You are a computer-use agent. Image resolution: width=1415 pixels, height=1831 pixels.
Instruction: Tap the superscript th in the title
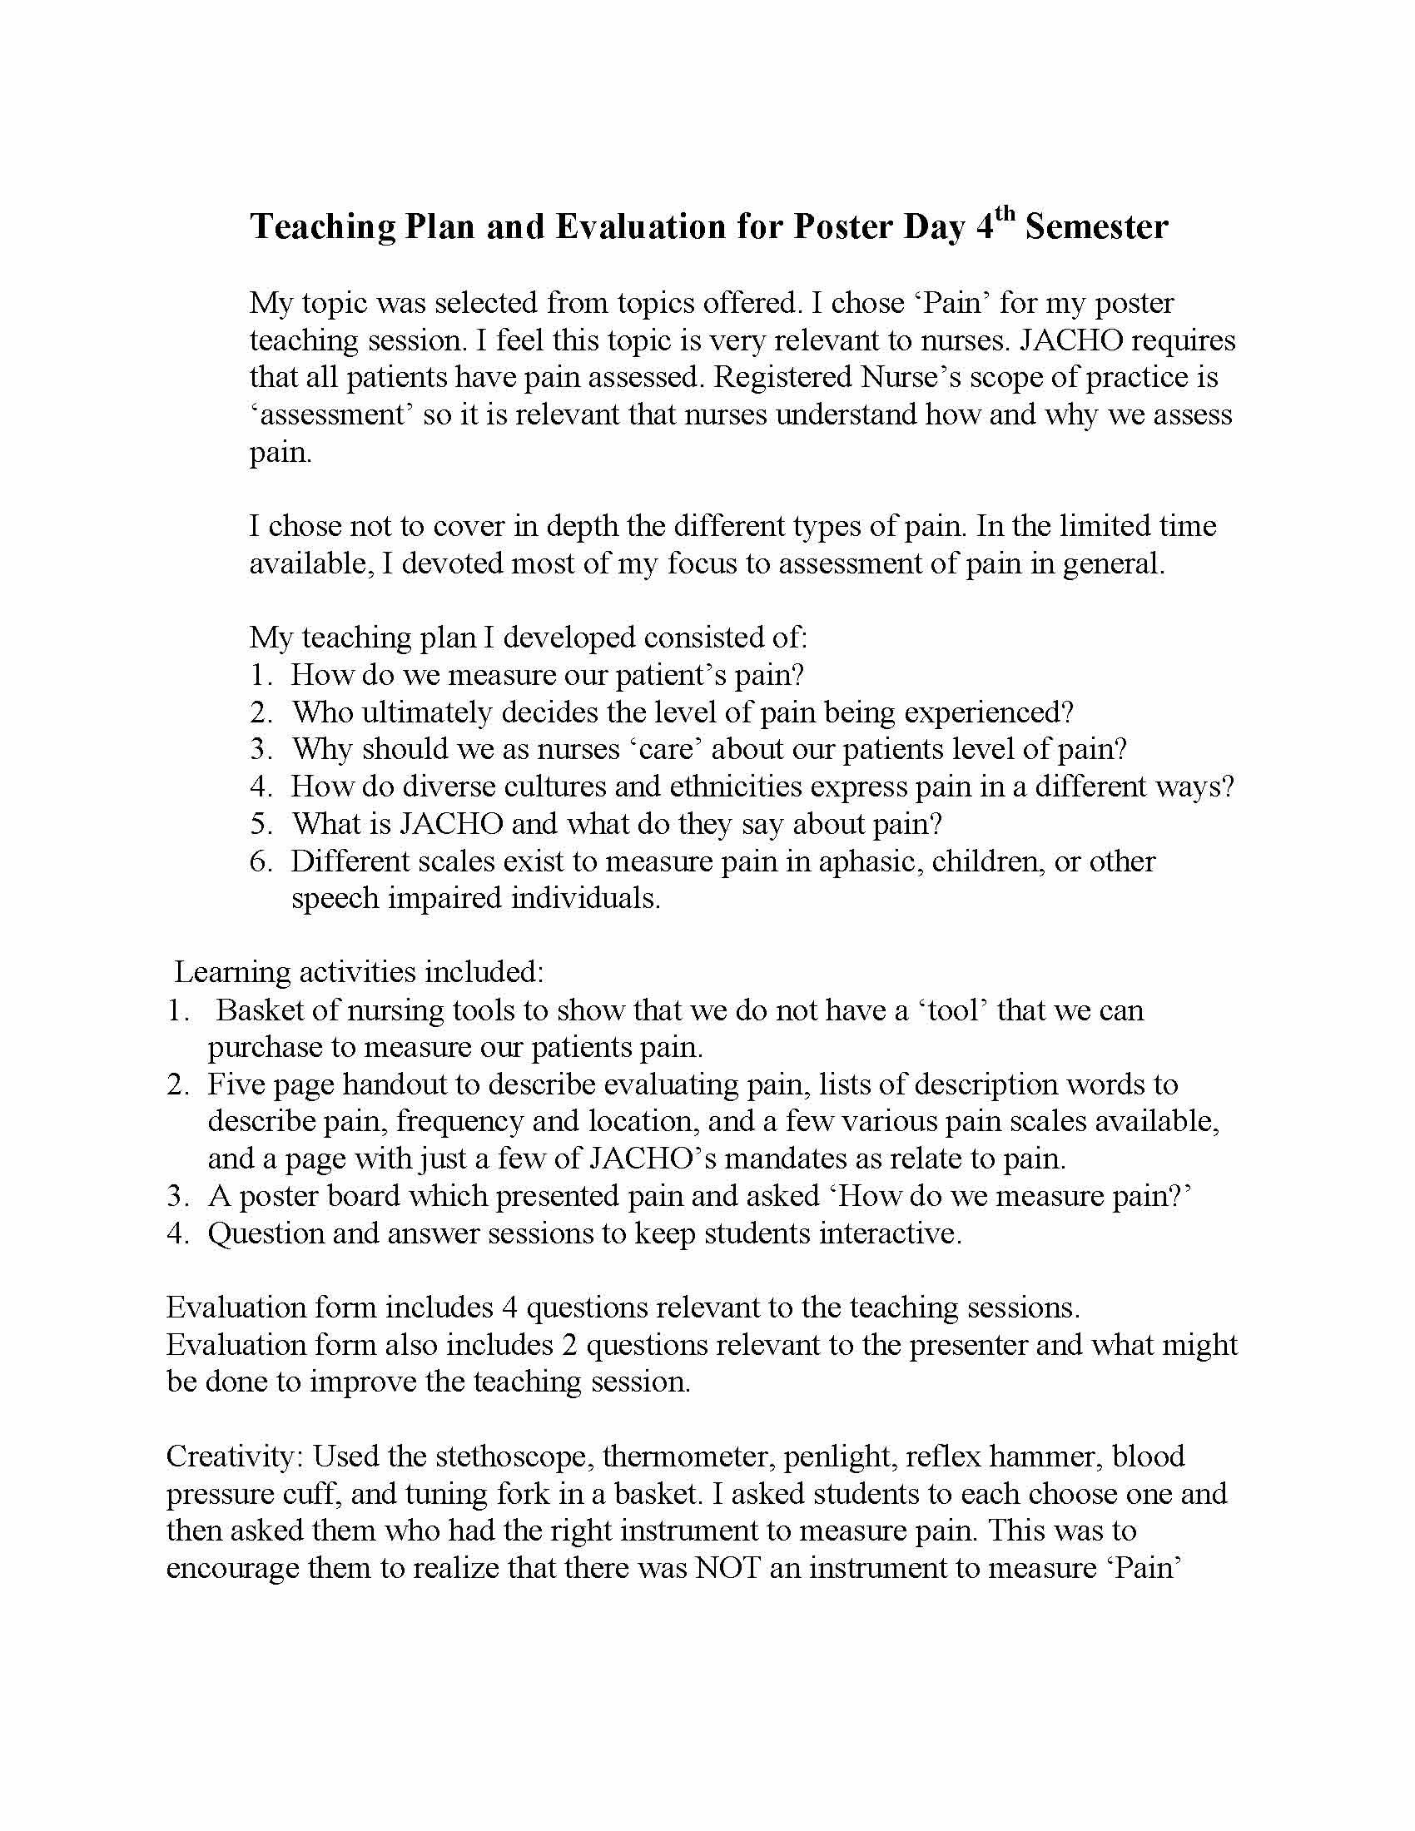pos(1005,216)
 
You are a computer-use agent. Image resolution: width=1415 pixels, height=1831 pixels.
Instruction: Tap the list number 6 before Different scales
pos(259,861)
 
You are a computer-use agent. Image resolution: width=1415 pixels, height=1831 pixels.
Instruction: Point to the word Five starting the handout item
pos(235,1084)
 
